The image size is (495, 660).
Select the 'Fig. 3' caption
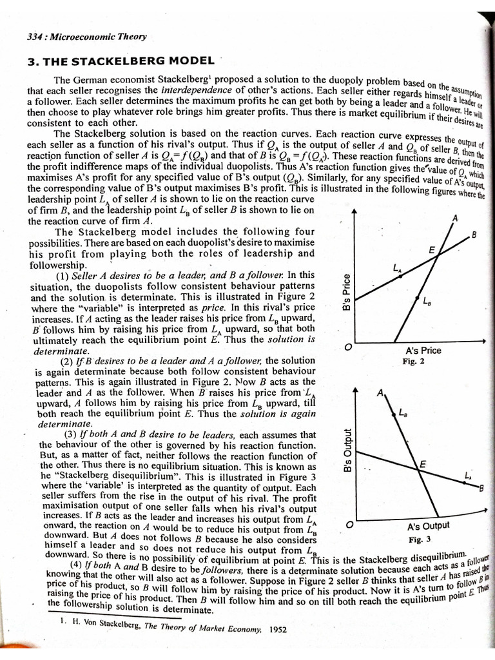pos(420,539)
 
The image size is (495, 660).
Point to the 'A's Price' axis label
pos(423,351)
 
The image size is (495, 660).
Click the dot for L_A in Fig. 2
pos(399,276)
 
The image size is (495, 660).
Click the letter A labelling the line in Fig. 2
pos(455,218)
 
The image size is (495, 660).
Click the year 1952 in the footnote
pos(278,628)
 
